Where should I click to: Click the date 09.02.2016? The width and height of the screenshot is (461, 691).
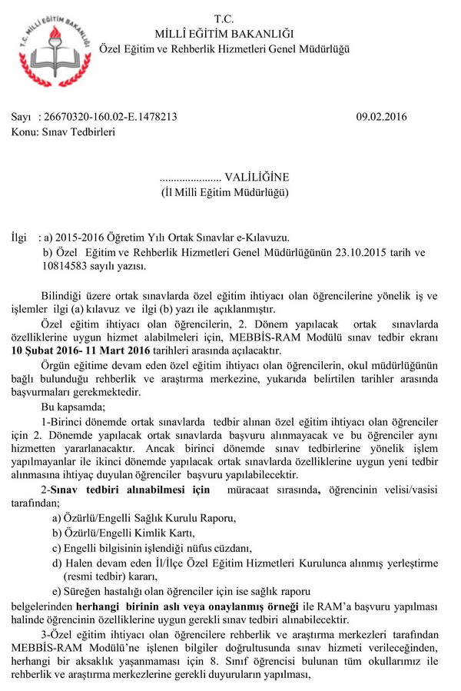click(381, 118)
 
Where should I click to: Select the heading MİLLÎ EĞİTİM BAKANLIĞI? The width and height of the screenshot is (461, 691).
click(224, 33)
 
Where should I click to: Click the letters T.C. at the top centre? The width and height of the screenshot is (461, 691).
click(224, 18)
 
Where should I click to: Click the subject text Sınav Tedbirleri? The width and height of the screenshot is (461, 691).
click(80, 132)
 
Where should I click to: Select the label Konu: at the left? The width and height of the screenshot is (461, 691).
click(25, 132)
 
